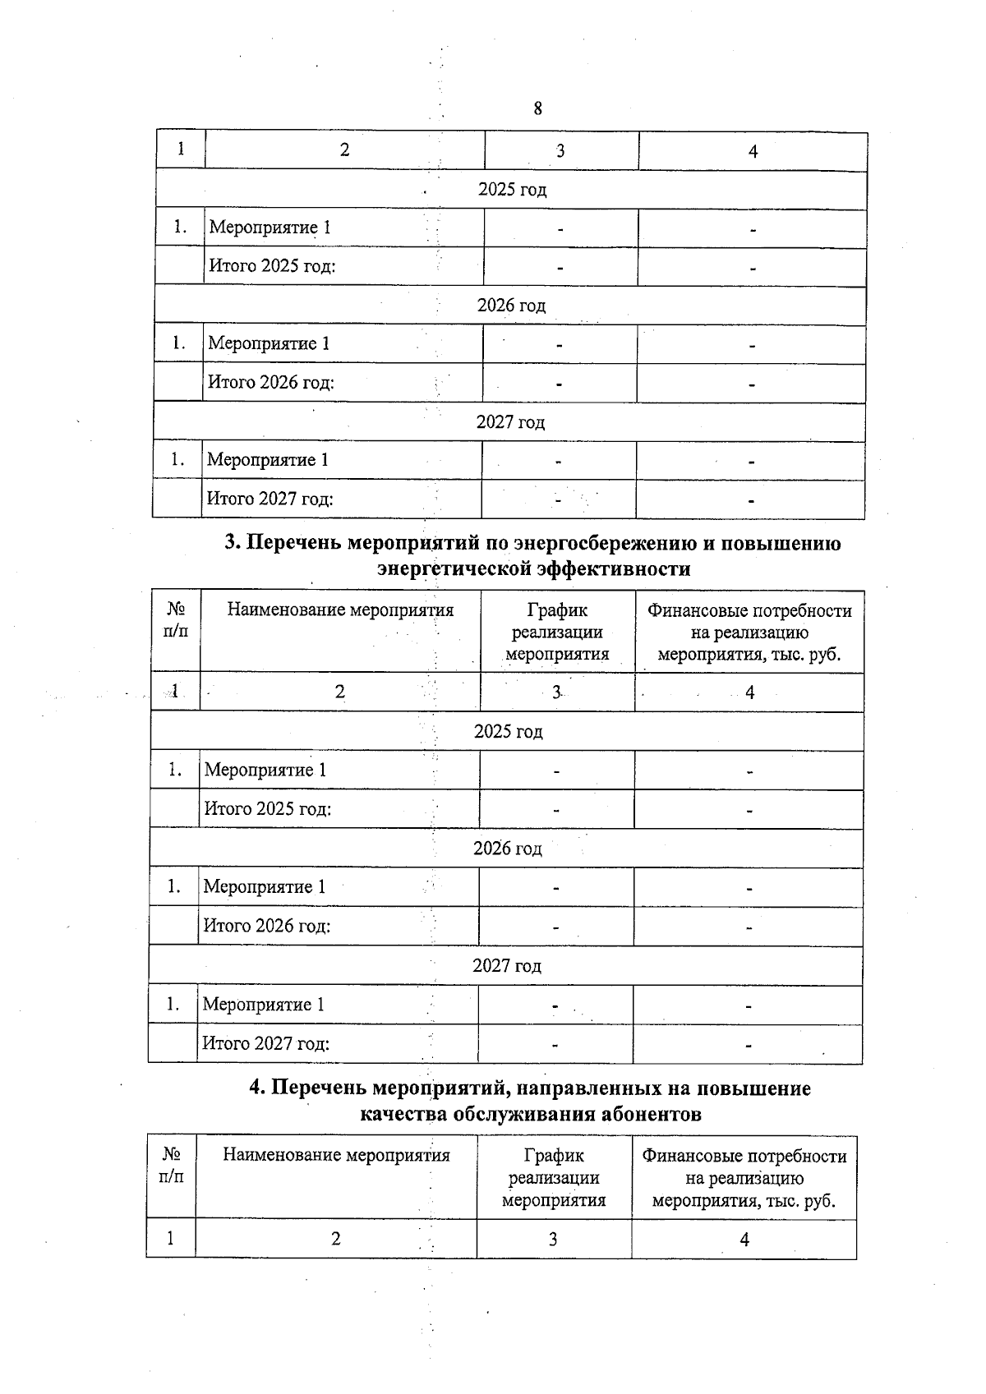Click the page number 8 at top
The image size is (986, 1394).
pos(537,108)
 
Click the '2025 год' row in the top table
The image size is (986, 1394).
pos(512,190)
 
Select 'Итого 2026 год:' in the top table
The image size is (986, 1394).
pos(271,383)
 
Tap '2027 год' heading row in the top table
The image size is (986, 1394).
pos(510,422)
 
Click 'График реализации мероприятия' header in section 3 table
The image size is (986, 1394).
pos(557,633)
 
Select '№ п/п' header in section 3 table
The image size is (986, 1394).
pos(176,620)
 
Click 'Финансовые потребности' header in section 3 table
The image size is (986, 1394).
pos(749,611)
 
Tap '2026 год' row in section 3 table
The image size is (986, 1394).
pos(507,849)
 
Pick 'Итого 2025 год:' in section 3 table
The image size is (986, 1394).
pos(268,809)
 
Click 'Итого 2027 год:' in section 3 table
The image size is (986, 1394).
pos(266,1044)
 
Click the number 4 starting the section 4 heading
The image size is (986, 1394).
pos(256,1088)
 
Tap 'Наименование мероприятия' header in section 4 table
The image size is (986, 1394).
pos(336,1156)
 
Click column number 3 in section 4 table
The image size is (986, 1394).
pos(553,1239)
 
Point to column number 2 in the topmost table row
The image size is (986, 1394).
pos(344,150)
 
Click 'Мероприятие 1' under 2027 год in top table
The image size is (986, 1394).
pos(267,460)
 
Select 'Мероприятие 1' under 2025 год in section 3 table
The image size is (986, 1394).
pos(265,771)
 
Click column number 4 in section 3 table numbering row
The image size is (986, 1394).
pos(749,692)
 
